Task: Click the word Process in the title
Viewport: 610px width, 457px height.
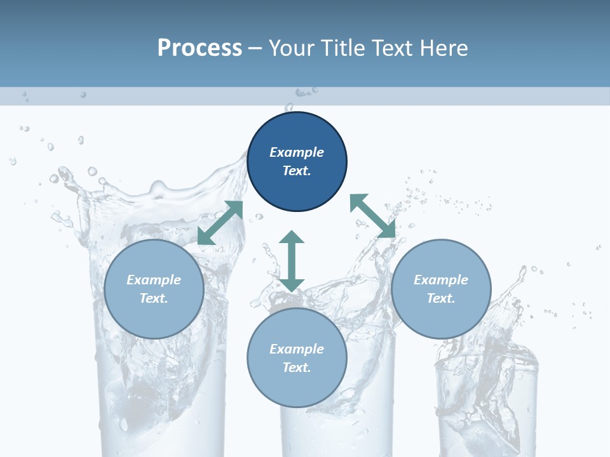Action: (200, 48)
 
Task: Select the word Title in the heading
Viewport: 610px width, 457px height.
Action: (342, 48)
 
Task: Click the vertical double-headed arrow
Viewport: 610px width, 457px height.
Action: (292, 261)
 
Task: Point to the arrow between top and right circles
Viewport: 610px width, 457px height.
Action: (373, 216)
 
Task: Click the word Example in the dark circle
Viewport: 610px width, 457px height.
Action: (297, 152)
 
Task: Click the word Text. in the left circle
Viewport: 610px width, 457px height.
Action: (154, 298)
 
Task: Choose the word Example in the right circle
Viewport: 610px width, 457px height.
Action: (441, 280)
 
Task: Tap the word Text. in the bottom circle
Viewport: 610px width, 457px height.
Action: (297, 368)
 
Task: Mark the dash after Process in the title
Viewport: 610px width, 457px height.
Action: (255, 48)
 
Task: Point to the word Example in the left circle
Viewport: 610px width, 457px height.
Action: (154, 280)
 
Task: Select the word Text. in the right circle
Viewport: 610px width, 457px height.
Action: (441, 298)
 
